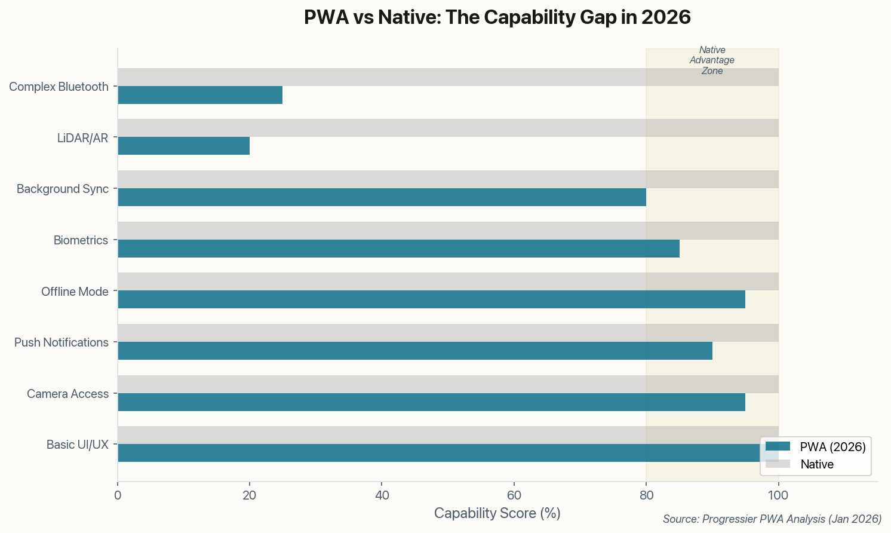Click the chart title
pyautogui.click(x=497, y=17)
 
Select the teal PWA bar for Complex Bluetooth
pyautogui.click(x=200, y=95)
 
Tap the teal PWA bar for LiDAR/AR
pyautogui.click(x=183, y=146)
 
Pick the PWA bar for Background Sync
pyautogui.click(x=382, y=197)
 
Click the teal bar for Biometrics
pyautogui.click(x=398, y=249)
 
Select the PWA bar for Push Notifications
pyautogui.click(x=415, y=351)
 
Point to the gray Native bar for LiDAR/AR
pyautogui.click(x=448, y=128)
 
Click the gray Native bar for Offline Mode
pyautogui.click(x=448, y=281)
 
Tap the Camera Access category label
pyautogui.click(x=67, y=394)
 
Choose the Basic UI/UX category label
pyautogui.click(x=78, y=445)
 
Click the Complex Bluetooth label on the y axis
pyautogui.click(x=59, y=87)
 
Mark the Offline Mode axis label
pyautogui.click(x=75, y=292)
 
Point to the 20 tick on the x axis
pyautogui.click(x=250, y=495)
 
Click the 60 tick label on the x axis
pyautogui.click(x=514, y=495)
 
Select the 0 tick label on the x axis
pyautogui.click(x=118, y=495)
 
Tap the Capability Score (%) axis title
pyautogui.click(x=497, y=513)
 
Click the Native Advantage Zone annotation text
pyautogui.click(x=712, y=60)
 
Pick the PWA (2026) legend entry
pyautogui.click(x=816, y=446)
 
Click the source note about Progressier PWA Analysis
pyautogui.click(x=772, y=519)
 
